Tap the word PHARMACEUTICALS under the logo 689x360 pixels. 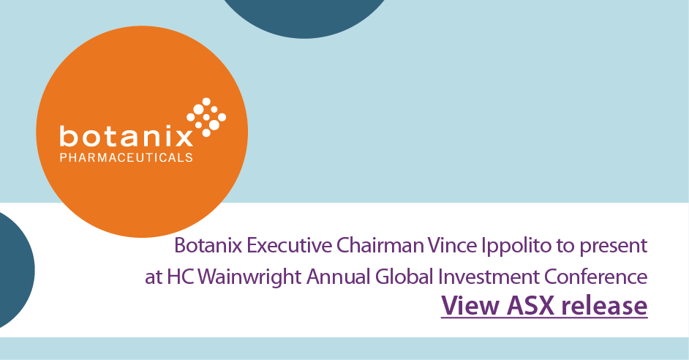[x=127, y=157]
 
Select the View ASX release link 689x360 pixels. [x=544, y=305]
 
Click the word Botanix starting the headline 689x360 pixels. [x=206, y=246]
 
